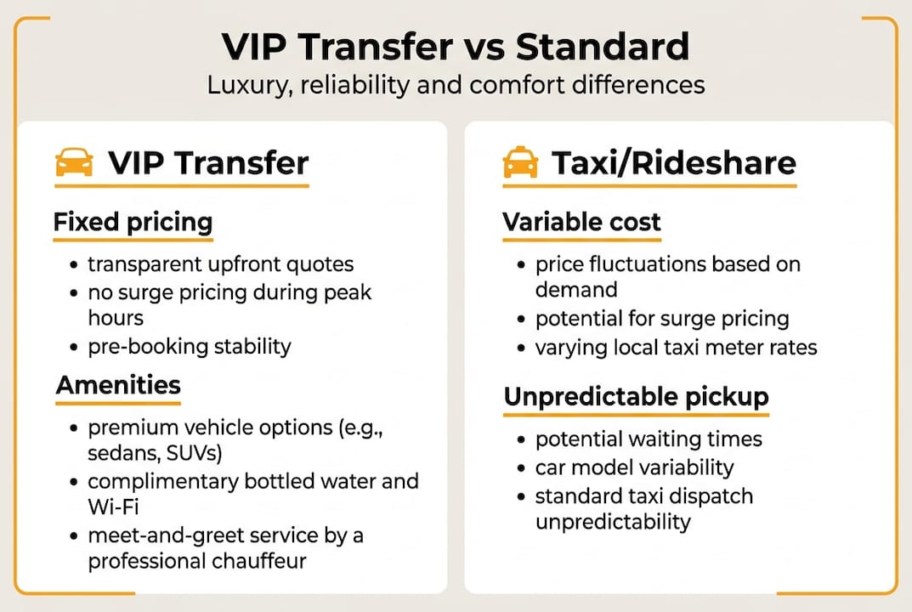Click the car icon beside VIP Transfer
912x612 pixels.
[74, 161]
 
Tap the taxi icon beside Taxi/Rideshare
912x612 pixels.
[520, 161]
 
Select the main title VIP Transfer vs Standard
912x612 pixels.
[456, 48]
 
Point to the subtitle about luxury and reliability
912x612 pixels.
[456, 86]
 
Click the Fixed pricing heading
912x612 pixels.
[133, 223]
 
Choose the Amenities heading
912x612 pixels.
[119, 385]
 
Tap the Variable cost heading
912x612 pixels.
[581, 223]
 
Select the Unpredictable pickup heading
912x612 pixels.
[636, 397]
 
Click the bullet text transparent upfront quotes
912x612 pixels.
[221, 264]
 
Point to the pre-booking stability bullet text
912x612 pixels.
[190, 346]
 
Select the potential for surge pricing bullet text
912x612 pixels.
[662, 319]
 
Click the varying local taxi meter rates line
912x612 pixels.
[677, 347]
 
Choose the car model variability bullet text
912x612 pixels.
[634, 467]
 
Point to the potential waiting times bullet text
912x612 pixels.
[649, 439]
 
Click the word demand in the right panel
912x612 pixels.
[575, 291]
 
